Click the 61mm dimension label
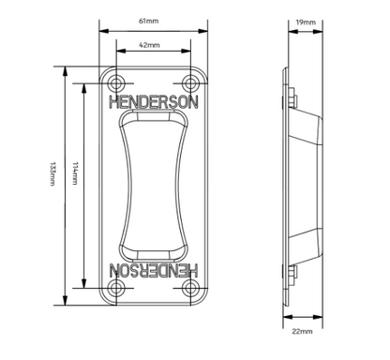click(x=148, y=22)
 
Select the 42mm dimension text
click(x=149, y=45)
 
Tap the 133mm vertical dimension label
click(x=52, y=173)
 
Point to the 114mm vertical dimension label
click(x=75, y=173)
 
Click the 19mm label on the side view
click(x=306, y=22)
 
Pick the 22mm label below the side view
click(x=302, y=331)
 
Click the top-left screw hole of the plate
click(x=116, y=83)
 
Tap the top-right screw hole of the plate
click(x=190, y=83)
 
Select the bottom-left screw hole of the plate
click(x=116, y=288)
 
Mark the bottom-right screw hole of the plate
click(x=190, y=288)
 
